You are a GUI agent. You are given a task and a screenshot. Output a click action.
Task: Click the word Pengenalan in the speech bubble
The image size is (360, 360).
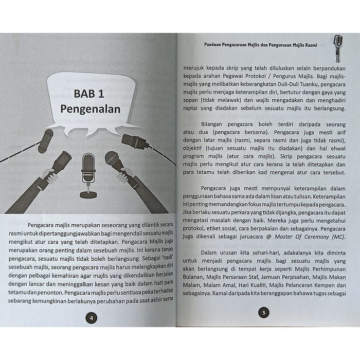coord(90,109)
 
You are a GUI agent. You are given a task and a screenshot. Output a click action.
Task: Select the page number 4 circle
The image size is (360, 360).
coord(91,318)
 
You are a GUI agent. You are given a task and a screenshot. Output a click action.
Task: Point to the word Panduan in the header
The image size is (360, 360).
coord(211,44)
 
